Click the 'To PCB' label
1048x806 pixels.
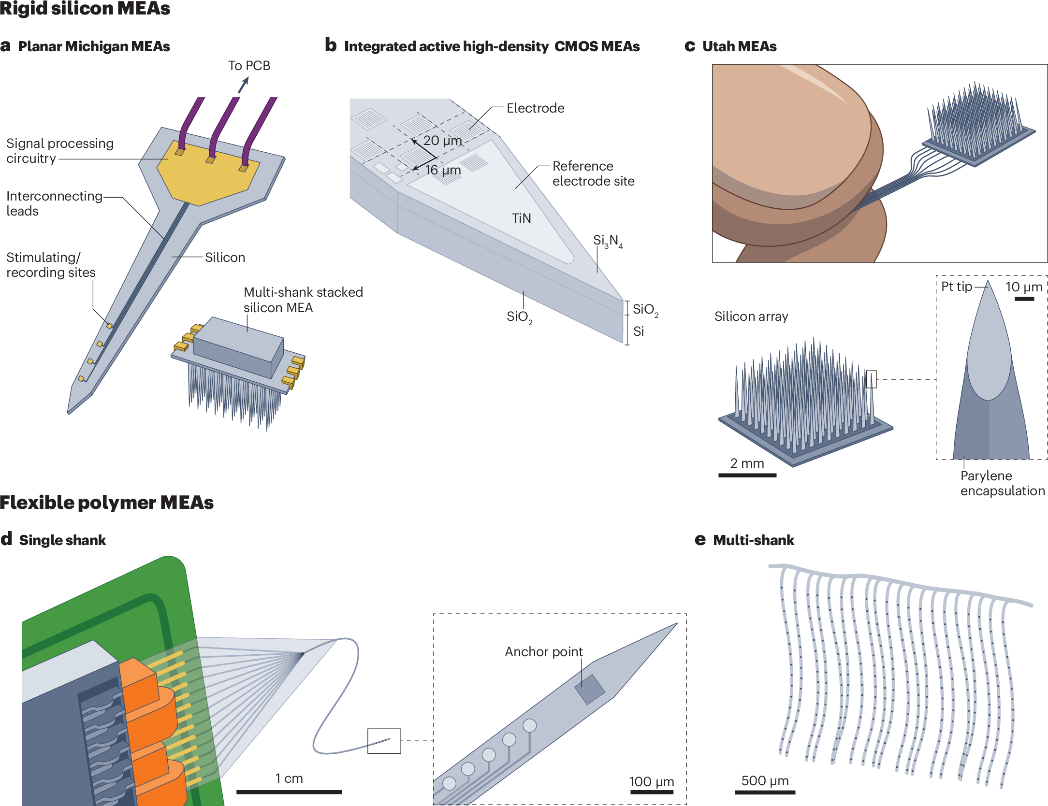coord(249,66)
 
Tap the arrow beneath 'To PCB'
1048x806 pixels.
coord(243,86)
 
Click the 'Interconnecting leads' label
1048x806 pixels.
coord(54,203)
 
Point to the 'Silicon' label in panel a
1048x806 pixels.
coord(225,258)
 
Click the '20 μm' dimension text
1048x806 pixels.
coord(442,141)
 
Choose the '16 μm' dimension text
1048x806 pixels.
coord(443,170)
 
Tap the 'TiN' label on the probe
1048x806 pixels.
coord(521,218)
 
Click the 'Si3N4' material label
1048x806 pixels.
coord(607,241)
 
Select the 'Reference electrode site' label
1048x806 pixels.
coord(593,173)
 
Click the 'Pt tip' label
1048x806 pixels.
coord(956,287)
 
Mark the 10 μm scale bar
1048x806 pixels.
coord(1024,299)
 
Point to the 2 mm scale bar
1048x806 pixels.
coord(747,475)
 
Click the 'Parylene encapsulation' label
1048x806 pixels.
coord(1002,483)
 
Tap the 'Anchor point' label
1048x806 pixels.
coord(544,652)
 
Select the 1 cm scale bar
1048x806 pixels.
coord(289,792)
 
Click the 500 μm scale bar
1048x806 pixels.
coord(765,792)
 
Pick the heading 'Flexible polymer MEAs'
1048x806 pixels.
coord(107,503)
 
